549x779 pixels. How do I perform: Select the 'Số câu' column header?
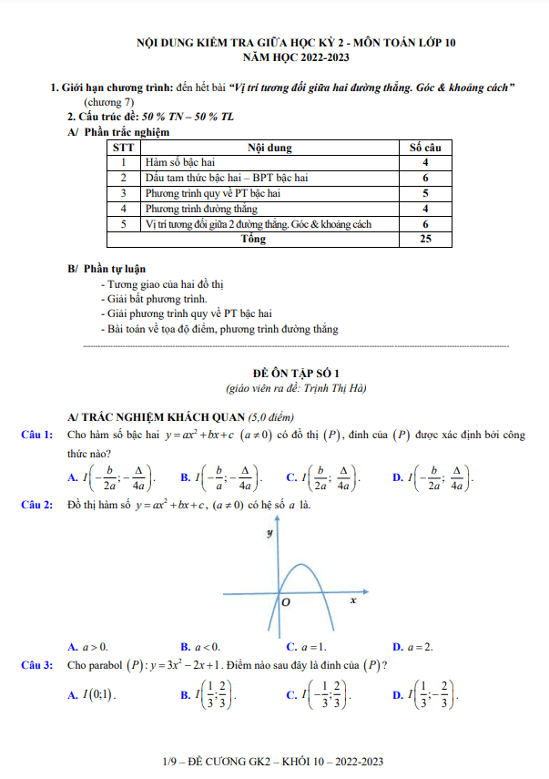425,147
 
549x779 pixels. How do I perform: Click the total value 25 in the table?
425,240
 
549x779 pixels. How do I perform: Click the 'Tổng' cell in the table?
253,240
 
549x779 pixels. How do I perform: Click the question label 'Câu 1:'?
36,435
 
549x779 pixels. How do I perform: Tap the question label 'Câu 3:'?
36,665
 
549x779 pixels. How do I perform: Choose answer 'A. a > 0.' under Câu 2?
88,647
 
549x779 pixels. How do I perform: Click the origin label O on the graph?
285,603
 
